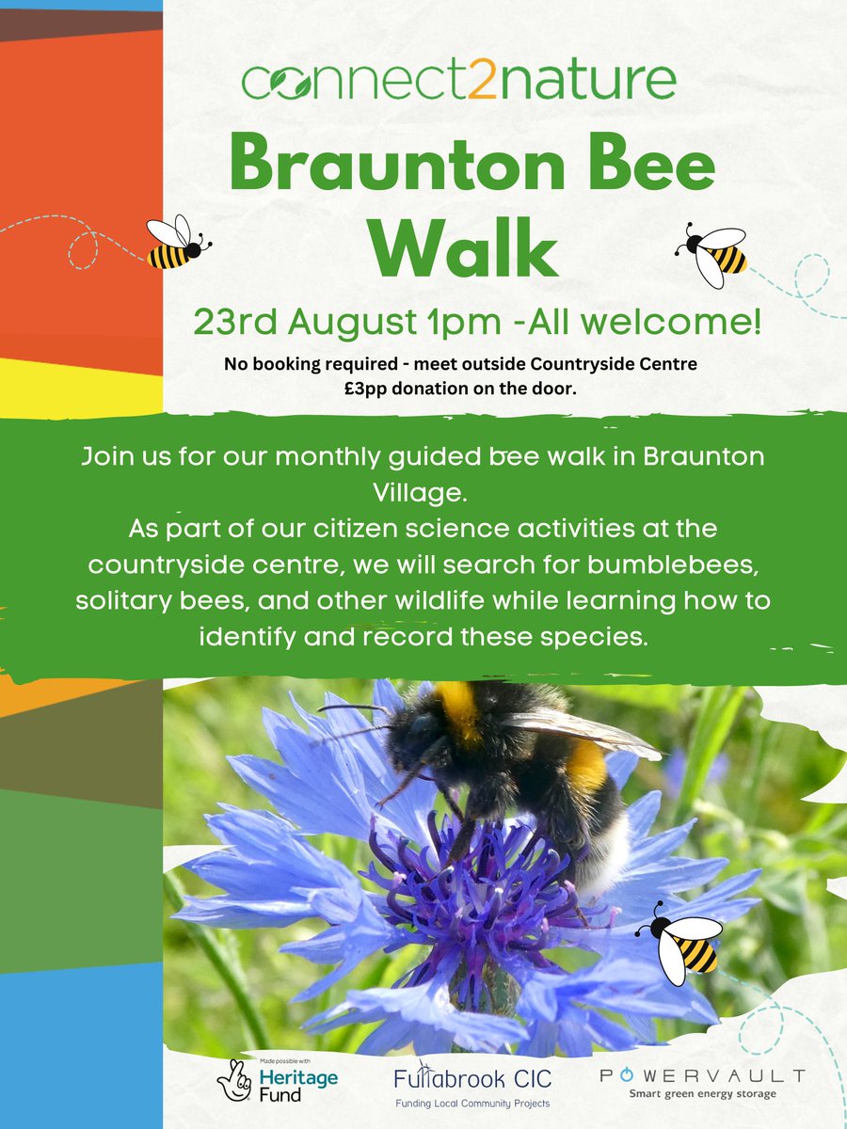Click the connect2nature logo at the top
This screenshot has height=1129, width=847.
pos(458,82)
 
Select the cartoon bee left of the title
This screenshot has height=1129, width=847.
pos(176,243)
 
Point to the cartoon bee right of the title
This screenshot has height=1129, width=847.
pos(712,253)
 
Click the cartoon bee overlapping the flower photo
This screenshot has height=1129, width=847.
pos(682,942)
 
